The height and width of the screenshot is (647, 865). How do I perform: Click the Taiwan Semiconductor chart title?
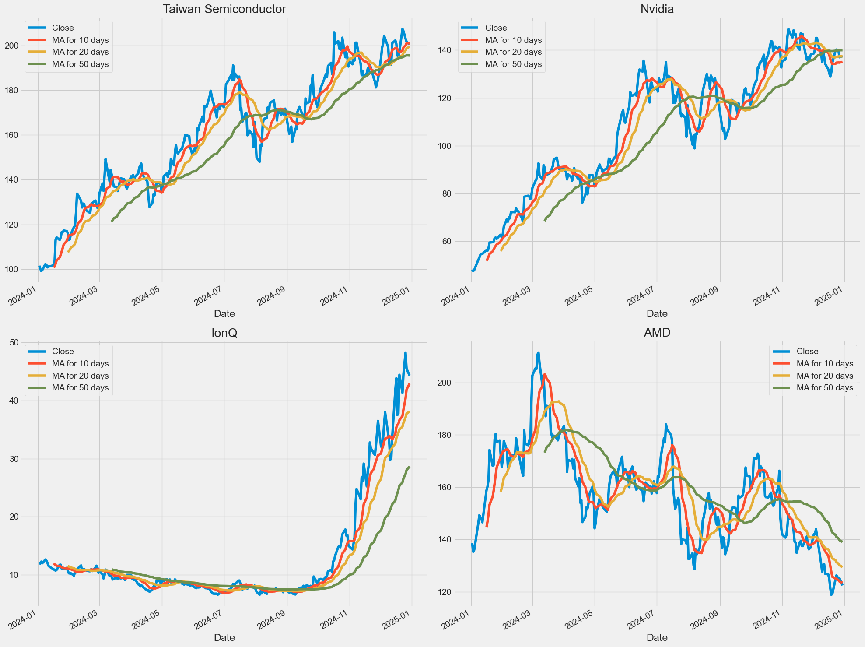point(224,9)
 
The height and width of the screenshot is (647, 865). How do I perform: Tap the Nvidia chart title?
point(657,9)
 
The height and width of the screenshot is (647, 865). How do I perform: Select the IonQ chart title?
point(224,333)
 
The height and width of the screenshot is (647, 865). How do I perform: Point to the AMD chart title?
point(657,333)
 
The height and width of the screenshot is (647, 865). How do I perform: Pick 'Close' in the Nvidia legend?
point(496,28)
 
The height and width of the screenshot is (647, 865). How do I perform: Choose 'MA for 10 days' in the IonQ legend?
point(80,364)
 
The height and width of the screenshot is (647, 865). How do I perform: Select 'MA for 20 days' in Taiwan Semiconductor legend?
point(80,52)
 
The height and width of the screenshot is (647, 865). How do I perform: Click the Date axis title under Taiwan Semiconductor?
point(224,313)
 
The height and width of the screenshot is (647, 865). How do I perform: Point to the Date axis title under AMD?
point(657,637)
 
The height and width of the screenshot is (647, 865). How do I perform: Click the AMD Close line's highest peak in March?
point(539,352)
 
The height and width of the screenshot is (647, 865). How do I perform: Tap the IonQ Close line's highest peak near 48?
point(405,352)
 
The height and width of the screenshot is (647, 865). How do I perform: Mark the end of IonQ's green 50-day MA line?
point(409,467)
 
